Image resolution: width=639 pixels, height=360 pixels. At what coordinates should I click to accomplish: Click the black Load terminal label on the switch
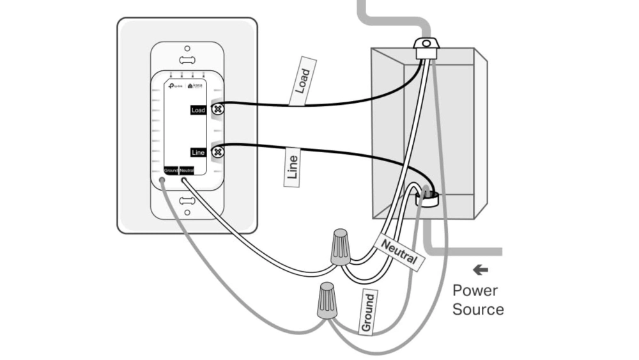pos(198,111)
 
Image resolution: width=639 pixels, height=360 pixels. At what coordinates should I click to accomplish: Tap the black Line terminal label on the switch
pos(198,152)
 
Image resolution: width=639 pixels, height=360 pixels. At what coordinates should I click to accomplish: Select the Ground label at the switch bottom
pos(171,170)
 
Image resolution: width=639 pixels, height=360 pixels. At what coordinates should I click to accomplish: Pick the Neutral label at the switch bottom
pos(187,170)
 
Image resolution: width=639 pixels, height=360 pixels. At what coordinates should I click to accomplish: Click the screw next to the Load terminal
pos(217,109)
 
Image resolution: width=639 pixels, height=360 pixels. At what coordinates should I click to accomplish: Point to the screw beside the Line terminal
pos(217,152)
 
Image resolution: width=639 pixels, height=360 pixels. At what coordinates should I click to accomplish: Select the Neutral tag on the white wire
pos(399,252)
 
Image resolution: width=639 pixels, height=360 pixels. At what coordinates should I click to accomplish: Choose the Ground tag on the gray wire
pos(368,311)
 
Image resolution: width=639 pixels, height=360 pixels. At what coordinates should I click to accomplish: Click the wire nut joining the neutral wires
pos(340,248)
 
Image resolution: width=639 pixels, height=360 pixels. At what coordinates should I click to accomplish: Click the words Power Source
pos(478,300)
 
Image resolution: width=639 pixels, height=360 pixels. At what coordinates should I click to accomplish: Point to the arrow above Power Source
pos(480,270)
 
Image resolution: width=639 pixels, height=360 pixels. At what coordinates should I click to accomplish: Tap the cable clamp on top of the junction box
pos(424,47)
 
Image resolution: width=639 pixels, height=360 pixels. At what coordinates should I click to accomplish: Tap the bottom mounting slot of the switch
pos(187,201)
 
